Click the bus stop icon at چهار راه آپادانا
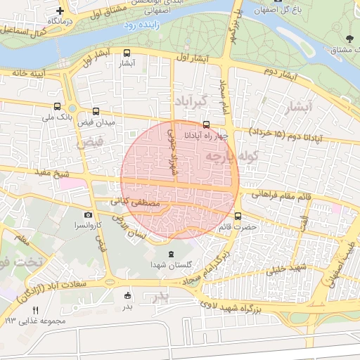(206, 124)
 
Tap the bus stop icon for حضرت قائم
(238, 216)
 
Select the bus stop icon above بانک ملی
(57, 107)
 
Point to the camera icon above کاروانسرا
(88, 215)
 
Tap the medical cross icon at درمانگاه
(61, 11)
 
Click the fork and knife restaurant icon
(35, 309)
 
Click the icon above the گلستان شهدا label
(169, 253)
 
